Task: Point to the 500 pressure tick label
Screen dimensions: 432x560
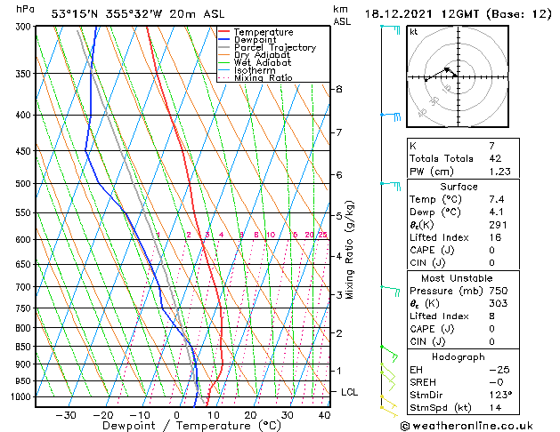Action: (x=23, y=184)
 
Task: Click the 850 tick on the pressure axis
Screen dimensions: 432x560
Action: (x=23, y=347)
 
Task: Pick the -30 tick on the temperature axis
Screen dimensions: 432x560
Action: (x=66, y=414)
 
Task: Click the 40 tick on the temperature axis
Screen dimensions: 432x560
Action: (x=324, y=414)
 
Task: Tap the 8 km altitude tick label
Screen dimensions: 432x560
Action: (x=338, y=90)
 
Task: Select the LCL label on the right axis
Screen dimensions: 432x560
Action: (x=350, y=392)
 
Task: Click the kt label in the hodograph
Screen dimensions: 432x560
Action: (x=413, y=31)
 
